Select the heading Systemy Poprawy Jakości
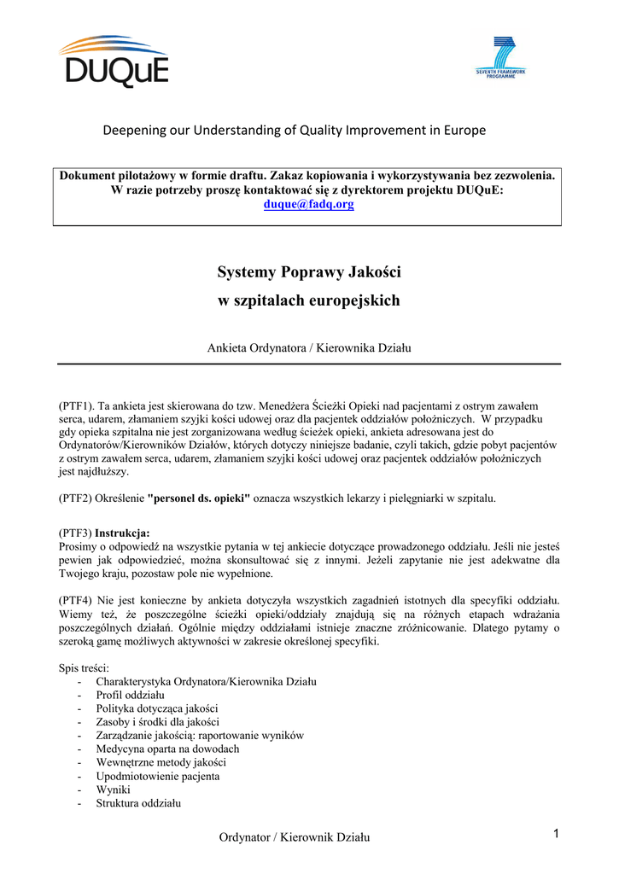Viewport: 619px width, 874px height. (308, 272)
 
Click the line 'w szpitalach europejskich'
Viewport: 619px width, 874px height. (308, 301)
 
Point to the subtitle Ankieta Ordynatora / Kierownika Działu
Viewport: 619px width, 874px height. (309, 347)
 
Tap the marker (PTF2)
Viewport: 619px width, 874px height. (74, 498)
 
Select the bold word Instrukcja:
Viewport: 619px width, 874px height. (122, 532)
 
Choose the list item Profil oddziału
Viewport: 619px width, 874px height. (130, 695)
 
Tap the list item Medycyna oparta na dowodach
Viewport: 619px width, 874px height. (167, 749)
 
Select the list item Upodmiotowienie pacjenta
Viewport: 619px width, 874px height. (157, 776)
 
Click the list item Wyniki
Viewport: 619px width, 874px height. (113, 790)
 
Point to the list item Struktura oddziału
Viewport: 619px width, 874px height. (138, 803)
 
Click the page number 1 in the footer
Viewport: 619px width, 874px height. (554, 834)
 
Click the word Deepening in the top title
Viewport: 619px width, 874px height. (132, 131)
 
